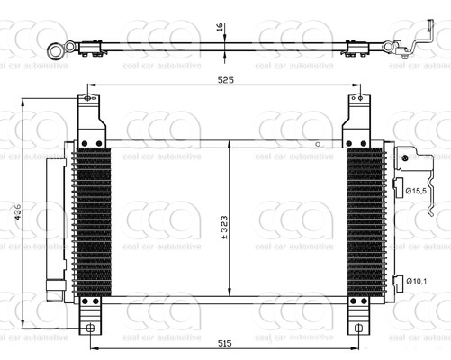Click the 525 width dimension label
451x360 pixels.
coord(225,81)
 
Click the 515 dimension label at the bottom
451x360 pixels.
coord(225,343)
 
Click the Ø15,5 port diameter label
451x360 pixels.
coord(417,191)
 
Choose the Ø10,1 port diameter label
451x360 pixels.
coord(417,281)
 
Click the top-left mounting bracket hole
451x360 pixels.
coord(86,98)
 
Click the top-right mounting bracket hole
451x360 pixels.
coord(358,98)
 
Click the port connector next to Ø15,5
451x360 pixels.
coord(399,186)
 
